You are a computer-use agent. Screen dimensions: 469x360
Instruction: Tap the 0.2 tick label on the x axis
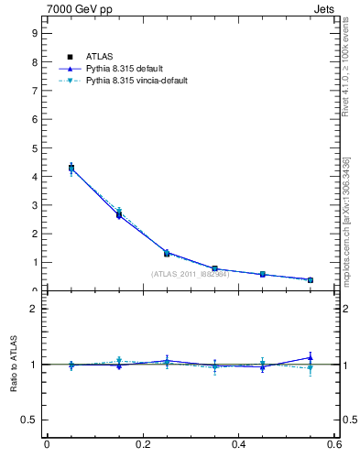pyautogui.click(x=142, y=444)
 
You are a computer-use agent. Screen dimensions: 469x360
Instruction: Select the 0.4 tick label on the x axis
pyautogui.click(x=239, y=444)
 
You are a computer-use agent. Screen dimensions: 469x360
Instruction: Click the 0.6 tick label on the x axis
pyautogui.click(x=334, y=444)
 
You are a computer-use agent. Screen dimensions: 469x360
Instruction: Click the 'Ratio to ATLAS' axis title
pyautogui.click(x=15, y=365)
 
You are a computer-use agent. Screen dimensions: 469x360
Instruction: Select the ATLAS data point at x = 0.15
pyautogui.click(x=119, y=214)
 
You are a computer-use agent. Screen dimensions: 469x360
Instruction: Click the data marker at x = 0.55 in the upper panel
pyautogui.click(x=311, y=279)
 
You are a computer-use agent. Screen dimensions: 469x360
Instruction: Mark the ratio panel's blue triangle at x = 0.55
pyautogui.click(x=311, y=357)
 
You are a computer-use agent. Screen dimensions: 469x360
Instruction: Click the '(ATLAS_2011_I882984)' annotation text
pyautogui.click(x=190, y=274)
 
